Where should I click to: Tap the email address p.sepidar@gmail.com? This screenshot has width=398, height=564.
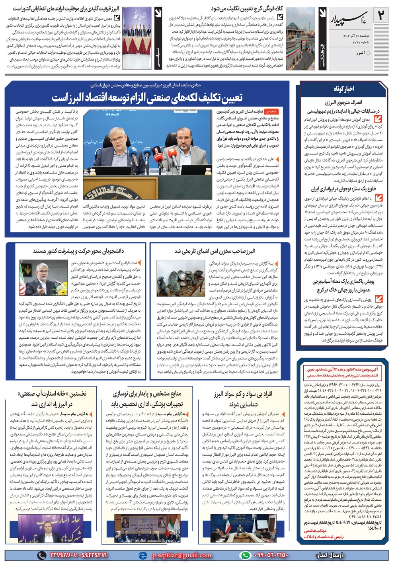click(181, 555)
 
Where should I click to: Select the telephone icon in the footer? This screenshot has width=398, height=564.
click(41, 555)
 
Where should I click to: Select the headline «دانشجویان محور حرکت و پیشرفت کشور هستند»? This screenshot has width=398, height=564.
click(78, 251)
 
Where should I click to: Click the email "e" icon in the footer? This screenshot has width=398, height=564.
click(142, 555)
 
